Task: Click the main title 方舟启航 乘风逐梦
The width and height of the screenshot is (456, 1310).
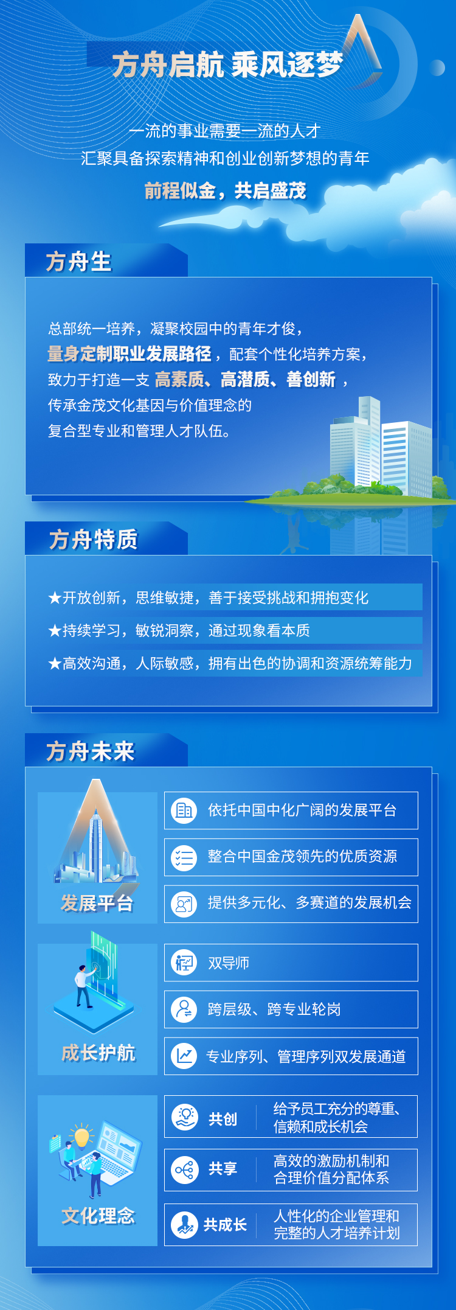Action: point(228,64)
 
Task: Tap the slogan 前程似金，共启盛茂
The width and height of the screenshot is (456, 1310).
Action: point(226,191)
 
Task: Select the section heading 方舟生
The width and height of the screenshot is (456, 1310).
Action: point(79,262)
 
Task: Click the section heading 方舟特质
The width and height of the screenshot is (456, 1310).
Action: point(94,540)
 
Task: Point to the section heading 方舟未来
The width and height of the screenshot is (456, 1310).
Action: point(91,751)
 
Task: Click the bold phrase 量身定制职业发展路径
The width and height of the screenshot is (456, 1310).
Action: point(130,354)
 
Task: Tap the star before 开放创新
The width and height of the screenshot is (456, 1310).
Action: point(55,598)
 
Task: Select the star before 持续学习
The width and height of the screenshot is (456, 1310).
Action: point(55,631)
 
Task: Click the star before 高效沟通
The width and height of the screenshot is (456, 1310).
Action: point(55,663)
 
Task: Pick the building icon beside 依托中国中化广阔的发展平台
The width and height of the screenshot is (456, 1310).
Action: point(184,810)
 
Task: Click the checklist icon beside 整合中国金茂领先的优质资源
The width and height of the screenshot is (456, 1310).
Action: point(184,857)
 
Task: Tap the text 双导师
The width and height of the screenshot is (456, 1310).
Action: point(229,963)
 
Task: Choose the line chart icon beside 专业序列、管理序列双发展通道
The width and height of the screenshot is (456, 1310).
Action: point(184,1056)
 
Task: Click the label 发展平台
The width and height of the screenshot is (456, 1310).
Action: point(97,904)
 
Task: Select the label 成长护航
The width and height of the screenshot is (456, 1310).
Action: point(98,1053)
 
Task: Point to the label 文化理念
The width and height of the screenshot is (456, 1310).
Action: point(98,1216)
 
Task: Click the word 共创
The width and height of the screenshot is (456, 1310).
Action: point(223,1119)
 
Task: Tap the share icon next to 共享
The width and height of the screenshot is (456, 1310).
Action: point(184,1169)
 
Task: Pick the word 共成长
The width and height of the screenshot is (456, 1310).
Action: point(225,1224)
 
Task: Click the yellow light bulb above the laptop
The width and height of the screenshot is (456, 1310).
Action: point(82,1137)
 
